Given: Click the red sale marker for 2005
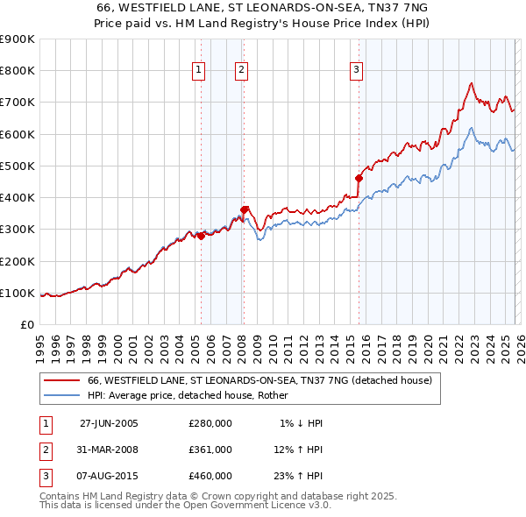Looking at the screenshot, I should click(x=201, y=236).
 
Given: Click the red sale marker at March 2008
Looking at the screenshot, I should click(x=244, y=209).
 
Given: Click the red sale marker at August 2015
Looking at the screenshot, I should click(x=359, y=178).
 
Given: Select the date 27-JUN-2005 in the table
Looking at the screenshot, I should click(x=109, y=423).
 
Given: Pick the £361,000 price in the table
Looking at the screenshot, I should click(x=210, y=450).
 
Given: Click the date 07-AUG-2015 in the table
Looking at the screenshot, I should click(x=109, y=476).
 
